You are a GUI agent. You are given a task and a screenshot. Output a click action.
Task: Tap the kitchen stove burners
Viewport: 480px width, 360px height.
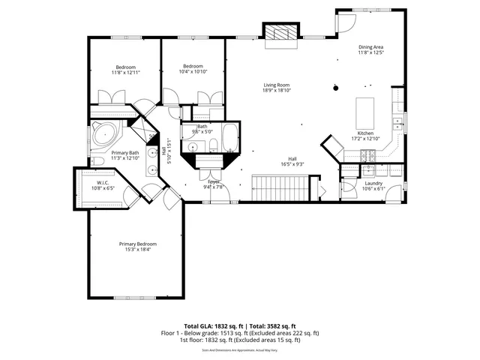pos(368,154)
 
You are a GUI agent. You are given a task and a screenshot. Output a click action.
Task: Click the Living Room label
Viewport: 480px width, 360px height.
pos(276,85)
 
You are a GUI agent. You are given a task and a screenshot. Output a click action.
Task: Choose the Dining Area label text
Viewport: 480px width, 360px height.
pos(370,46)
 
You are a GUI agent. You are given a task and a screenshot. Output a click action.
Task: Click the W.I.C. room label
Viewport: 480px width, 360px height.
pos(103,182)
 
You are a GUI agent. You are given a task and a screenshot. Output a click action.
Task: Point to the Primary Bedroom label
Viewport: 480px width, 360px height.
pos(137,244)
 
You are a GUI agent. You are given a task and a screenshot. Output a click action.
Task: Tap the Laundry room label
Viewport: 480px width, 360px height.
pos(373,183)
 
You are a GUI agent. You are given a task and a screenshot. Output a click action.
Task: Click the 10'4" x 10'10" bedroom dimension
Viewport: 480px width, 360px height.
pos(193,72)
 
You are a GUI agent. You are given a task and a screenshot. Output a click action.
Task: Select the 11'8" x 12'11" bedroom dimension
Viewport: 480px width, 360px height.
pos(126,72)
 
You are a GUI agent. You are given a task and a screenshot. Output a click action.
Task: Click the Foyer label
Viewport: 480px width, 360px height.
pos(213,181)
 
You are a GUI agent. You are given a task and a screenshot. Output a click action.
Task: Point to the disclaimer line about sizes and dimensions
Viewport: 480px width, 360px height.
pos(239,349)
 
